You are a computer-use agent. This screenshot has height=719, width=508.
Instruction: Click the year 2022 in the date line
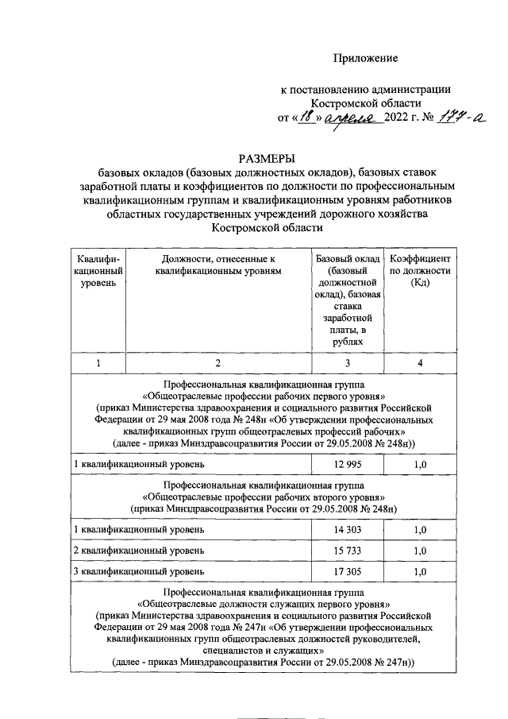(x=399, y=119)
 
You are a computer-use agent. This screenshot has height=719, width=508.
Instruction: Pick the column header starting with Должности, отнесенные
(x=217, y=265)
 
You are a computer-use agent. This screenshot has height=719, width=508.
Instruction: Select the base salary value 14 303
(x=345, y=529)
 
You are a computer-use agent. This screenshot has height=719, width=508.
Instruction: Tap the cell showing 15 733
(x=345, y=551)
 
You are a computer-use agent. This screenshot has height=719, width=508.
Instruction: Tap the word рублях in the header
(x=345, y=342)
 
